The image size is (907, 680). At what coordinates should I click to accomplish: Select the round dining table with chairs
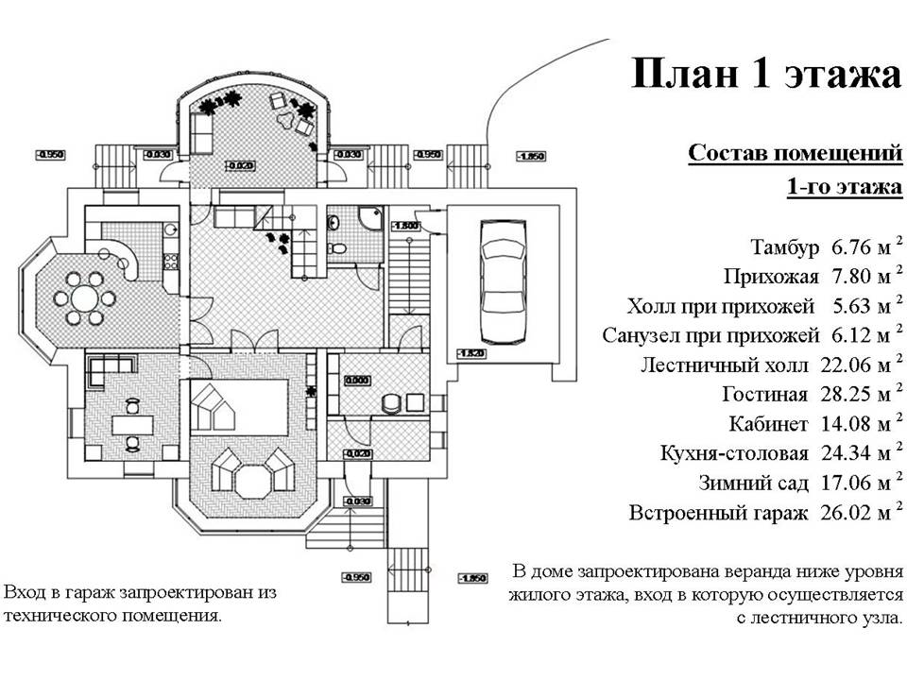pos(85,298)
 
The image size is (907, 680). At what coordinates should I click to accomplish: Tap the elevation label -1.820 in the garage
pos(472,353)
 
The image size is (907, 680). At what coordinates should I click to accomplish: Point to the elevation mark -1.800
pos(407,226)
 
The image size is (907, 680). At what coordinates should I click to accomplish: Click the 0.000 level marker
pos(357,381)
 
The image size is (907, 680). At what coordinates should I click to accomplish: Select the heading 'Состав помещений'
pos(795,153)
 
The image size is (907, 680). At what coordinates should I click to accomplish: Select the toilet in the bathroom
pos(336,247)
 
